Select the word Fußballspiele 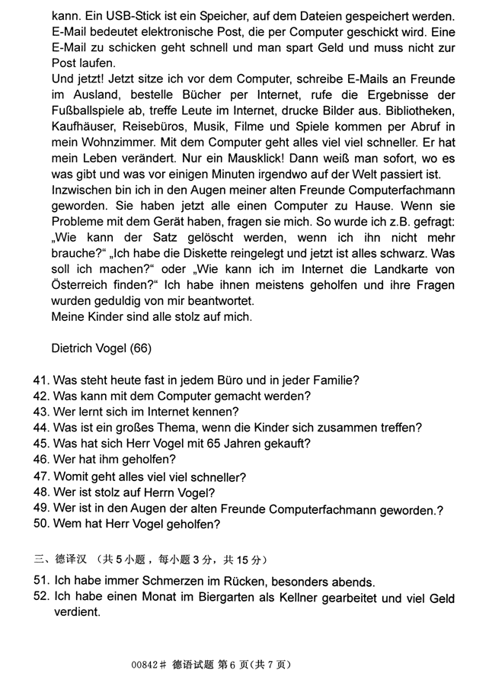point(89,111)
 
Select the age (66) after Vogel point(140,349)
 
